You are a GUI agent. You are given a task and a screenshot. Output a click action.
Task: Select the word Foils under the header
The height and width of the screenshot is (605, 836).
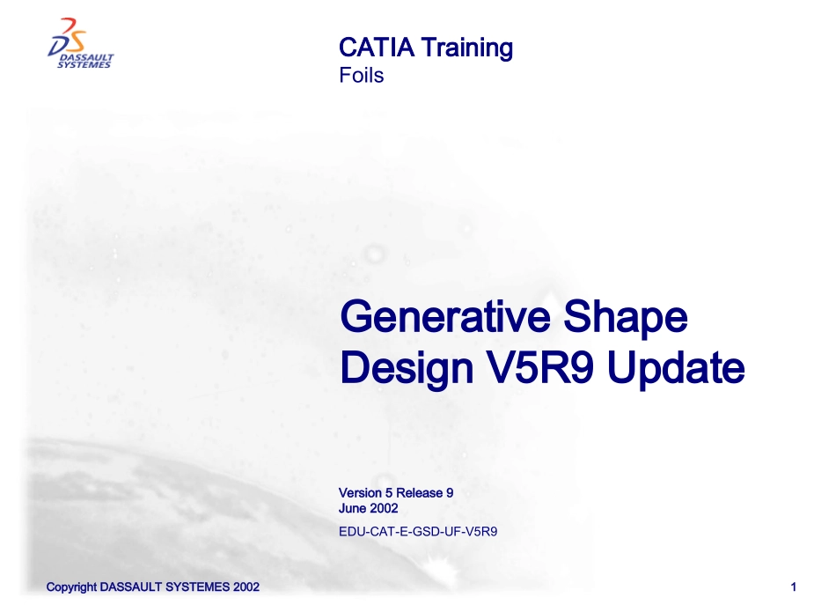(x=361, y=76)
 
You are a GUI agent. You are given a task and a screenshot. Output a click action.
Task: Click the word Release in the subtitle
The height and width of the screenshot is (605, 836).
(x=419, y=493)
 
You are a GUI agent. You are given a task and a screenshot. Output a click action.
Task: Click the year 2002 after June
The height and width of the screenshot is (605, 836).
(x=384, y=508)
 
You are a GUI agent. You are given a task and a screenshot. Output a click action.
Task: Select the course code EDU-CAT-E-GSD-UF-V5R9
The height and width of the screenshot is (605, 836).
(x=418, y=531)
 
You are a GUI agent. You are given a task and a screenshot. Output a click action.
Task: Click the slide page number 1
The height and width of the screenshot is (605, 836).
(x=794, y=587)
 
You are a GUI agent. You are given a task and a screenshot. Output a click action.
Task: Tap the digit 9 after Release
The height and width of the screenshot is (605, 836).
(x=449, y=493)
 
